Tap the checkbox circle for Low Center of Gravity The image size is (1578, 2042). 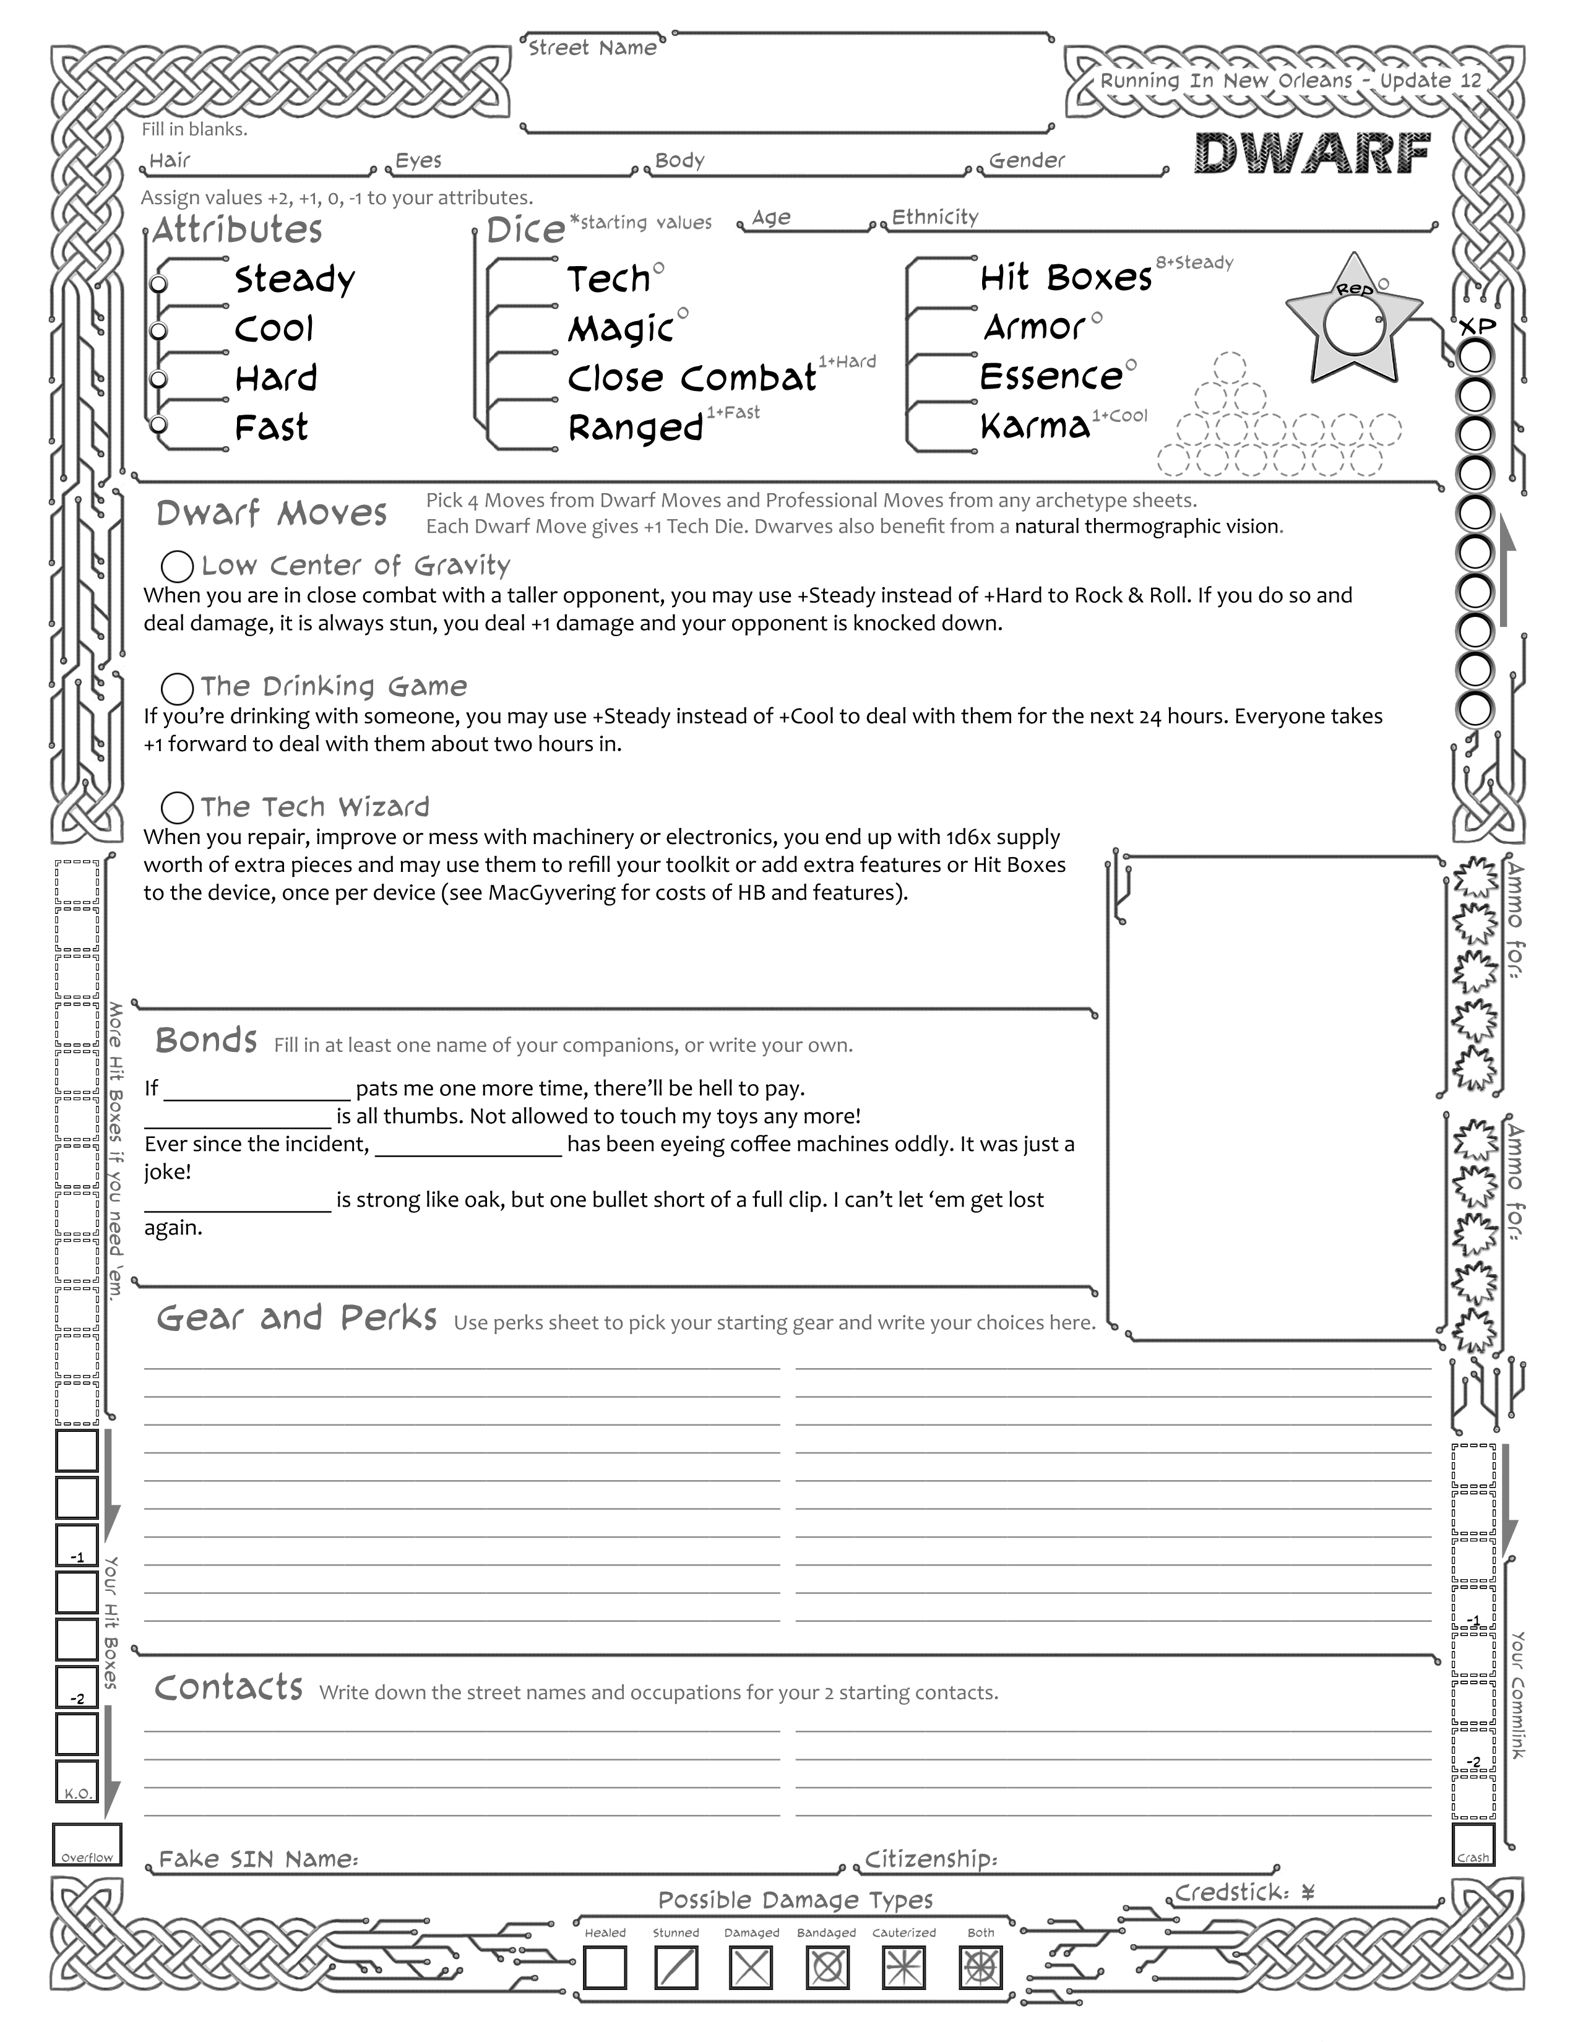177,567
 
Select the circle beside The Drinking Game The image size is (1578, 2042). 177,688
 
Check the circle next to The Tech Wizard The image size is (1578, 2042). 177,808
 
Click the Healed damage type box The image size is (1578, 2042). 605,1968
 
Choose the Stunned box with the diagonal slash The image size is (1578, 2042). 676,1968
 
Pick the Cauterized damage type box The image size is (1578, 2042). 903,1968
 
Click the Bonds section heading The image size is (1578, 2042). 205,1040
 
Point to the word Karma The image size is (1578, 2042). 1035,426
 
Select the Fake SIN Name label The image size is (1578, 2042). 258,1859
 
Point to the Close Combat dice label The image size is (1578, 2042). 692,377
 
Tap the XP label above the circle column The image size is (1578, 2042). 1478,327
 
